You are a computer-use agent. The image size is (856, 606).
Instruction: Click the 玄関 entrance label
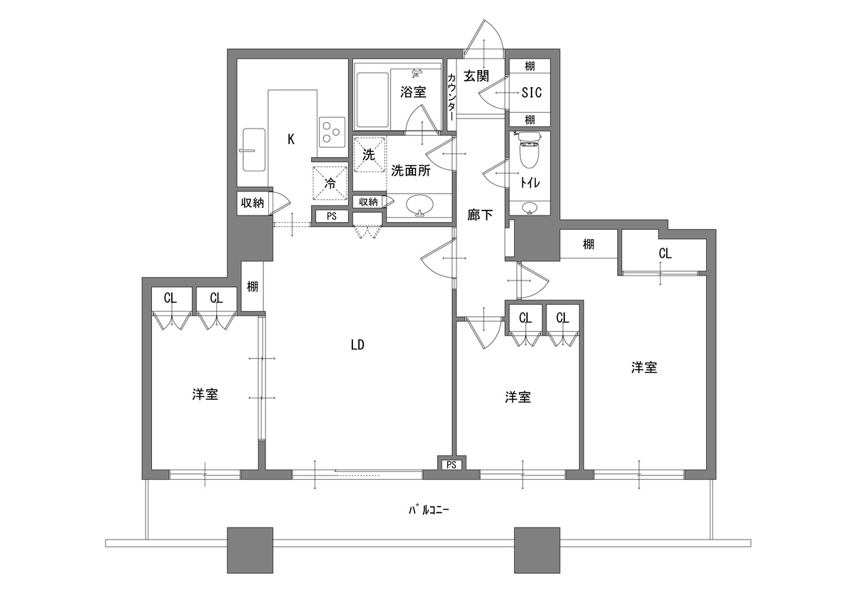(477, 76)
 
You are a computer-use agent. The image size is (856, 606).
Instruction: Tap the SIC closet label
(531, 93)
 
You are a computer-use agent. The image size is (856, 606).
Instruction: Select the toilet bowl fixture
(529, 150)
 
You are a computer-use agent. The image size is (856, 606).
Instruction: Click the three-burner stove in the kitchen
(331, 132)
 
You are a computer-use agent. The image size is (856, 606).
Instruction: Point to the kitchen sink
(254, 150)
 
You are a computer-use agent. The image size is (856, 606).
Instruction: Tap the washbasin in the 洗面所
(420, 206)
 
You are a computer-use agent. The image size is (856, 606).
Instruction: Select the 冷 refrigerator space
(330, 183)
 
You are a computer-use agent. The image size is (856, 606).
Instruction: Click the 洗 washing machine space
(370, 154)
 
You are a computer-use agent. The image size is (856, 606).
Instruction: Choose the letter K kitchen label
(291, 140)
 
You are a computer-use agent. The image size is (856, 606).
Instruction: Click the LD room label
(357, 345)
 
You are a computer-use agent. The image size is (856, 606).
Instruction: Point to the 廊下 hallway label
(480, 215)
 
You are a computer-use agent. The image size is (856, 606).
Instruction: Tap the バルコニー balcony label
(429, 510)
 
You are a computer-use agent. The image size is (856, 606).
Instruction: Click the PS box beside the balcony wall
(452, 465)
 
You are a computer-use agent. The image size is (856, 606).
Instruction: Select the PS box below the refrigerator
(331, 216)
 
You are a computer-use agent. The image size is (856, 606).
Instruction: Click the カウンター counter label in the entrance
(452, 97)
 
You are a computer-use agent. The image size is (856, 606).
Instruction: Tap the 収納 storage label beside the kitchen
(253, 203)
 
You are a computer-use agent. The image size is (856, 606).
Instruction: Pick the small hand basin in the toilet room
(529, 208)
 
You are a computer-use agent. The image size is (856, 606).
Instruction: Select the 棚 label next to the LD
(253, 286)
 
